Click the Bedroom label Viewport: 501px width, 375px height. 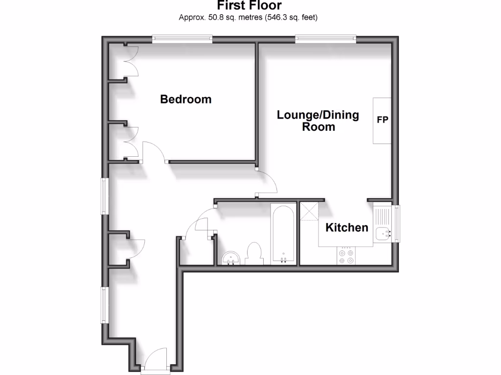tap(186, 99)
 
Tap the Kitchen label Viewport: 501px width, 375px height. tap(347, 227)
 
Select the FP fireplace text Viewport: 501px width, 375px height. tap(382, 120)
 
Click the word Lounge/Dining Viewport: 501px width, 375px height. tap(318, 115)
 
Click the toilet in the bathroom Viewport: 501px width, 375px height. tap(254, 253)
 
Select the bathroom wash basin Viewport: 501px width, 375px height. tap(230, 258)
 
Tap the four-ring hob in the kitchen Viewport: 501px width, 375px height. tap(347, 256)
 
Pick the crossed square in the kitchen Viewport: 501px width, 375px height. tap(309, 211)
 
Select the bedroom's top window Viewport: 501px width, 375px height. tap(182, 39)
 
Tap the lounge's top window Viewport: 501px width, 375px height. tap(325, 39)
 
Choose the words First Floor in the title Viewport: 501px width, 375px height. tap(250, 6)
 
